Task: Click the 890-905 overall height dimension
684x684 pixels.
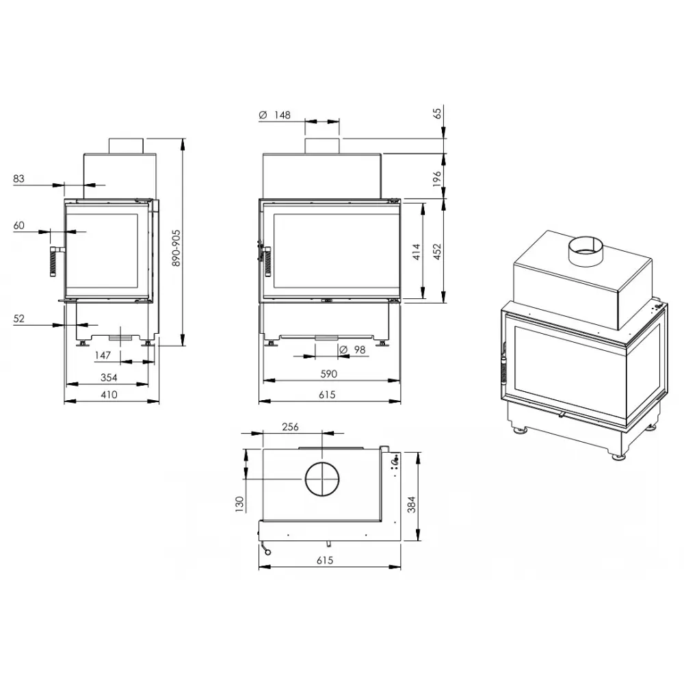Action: [176, 248]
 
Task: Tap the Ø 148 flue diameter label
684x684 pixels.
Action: [274, 115]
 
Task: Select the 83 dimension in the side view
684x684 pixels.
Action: [18, 179]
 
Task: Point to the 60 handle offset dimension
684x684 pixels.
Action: [18, 225]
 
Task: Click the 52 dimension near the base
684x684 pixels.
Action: [18, 319]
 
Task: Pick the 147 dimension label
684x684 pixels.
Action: [103, 356]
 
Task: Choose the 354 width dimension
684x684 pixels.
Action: [109, 378]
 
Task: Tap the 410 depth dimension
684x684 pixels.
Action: [109, 395]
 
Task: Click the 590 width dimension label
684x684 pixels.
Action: [329, 374]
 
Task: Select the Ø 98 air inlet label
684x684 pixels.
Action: [352, 350]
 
